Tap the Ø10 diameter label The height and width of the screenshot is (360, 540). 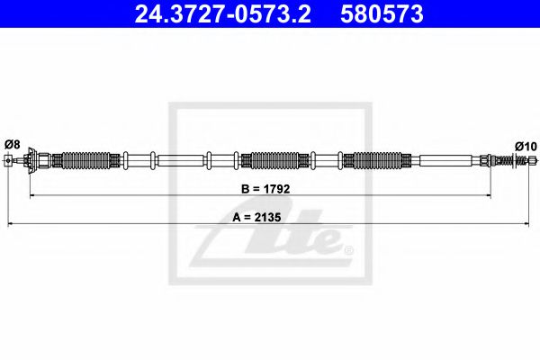(526, 146)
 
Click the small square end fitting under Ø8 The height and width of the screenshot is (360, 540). (9, 162)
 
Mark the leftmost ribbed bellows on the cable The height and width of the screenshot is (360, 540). (88, 162)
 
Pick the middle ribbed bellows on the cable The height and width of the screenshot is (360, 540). (274, 162)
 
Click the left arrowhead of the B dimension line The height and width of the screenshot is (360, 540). (32, 194)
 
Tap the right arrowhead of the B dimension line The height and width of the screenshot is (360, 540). (490, 194)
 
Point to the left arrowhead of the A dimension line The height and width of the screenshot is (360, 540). (9, 222)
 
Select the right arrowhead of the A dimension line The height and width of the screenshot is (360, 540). (531, 222)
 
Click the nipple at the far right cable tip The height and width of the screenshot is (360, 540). (534, 162)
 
